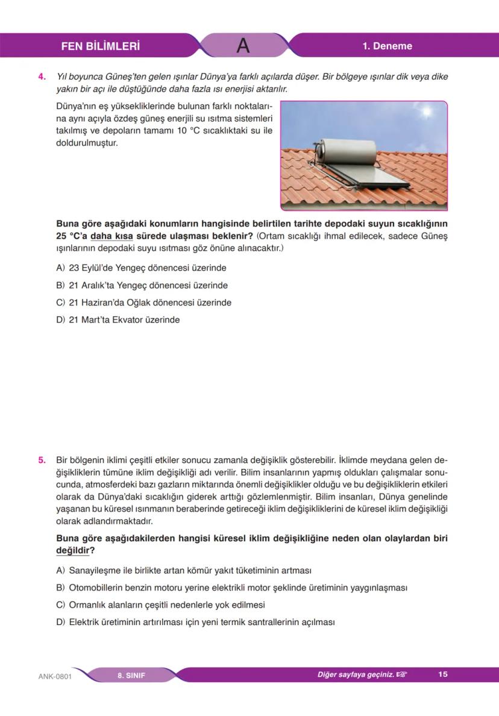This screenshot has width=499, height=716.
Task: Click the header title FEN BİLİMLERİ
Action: tap(101, 46)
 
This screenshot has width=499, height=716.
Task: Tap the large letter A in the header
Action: tap(243, 46)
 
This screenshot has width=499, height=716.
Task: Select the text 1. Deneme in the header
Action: tap(387, 46)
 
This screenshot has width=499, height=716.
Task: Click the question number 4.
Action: tap(42, 77)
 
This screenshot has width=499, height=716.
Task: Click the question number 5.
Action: tap(42, 460)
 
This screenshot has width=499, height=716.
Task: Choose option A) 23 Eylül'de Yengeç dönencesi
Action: tap(141, 268)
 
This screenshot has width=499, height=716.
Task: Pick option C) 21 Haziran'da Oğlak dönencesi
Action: tap(143, 303)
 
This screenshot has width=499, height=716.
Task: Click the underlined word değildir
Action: tap(72, 551)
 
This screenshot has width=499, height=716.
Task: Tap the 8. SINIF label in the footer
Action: tap(131, 675)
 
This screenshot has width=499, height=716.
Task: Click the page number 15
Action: tap(443, 674)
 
